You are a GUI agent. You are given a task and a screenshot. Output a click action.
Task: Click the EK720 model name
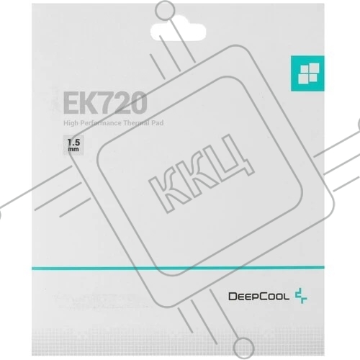tap(105, 103)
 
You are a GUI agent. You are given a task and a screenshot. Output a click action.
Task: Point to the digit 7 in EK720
tap(107, 103)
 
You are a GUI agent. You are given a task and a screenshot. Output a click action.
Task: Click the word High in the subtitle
tap(71, 123)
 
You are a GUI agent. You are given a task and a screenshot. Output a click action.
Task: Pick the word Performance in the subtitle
tap(101, 123)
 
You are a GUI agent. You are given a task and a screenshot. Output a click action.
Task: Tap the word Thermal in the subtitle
tap(135, 123)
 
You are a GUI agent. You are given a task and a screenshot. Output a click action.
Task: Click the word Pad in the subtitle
tap(157, 123)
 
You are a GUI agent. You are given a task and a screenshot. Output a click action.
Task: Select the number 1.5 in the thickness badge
tap(73, 143)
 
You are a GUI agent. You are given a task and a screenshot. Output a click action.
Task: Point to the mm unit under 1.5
tap(73, 150)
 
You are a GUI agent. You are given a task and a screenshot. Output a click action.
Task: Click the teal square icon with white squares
tap(307, 73)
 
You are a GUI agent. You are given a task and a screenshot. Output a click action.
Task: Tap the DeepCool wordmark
tap(259, 297)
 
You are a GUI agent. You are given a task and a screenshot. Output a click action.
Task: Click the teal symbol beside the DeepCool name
tap(301, 296)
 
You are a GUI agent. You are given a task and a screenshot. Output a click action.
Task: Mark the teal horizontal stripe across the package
tap(178, 268)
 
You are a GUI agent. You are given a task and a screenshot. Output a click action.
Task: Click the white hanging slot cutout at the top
tap(178, 32)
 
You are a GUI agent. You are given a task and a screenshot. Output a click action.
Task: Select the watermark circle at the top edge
tap(165, 11)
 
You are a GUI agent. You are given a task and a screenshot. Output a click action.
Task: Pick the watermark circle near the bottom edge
tap(243, 348)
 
